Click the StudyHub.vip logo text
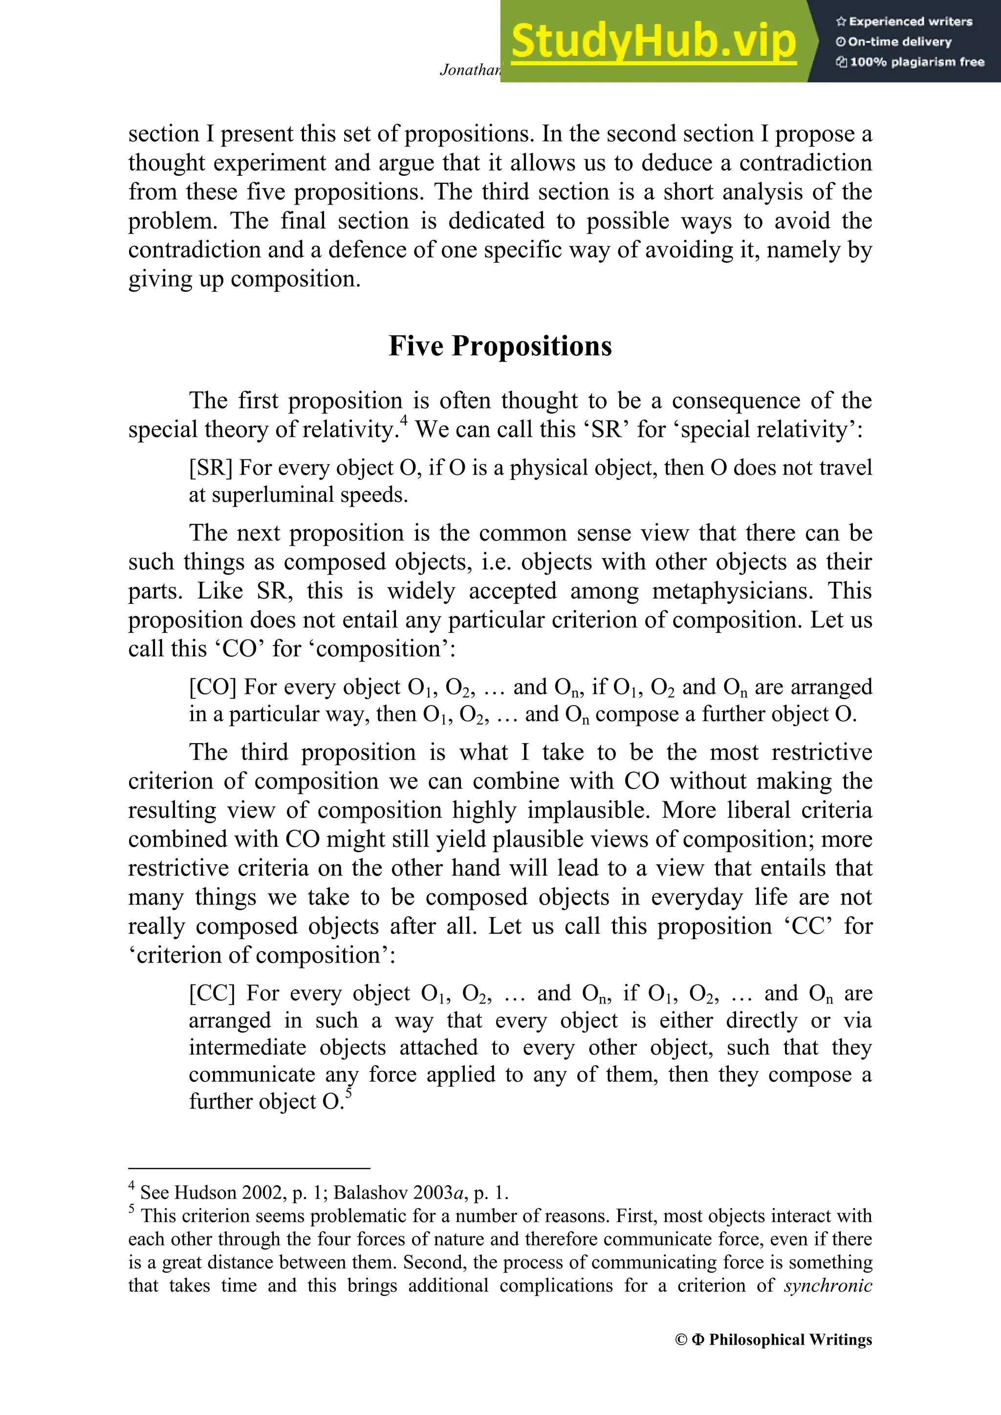(x=653, y=42)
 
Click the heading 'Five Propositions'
(x=500, y=346)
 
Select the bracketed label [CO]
(x=213, y=687)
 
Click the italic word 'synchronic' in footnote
(x=828, y=1286)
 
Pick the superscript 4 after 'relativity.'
(x=404, y=420)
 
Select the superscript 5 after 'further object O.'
(x=349, y=1093)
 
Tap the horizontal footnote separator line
(x=249, y=1168)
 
